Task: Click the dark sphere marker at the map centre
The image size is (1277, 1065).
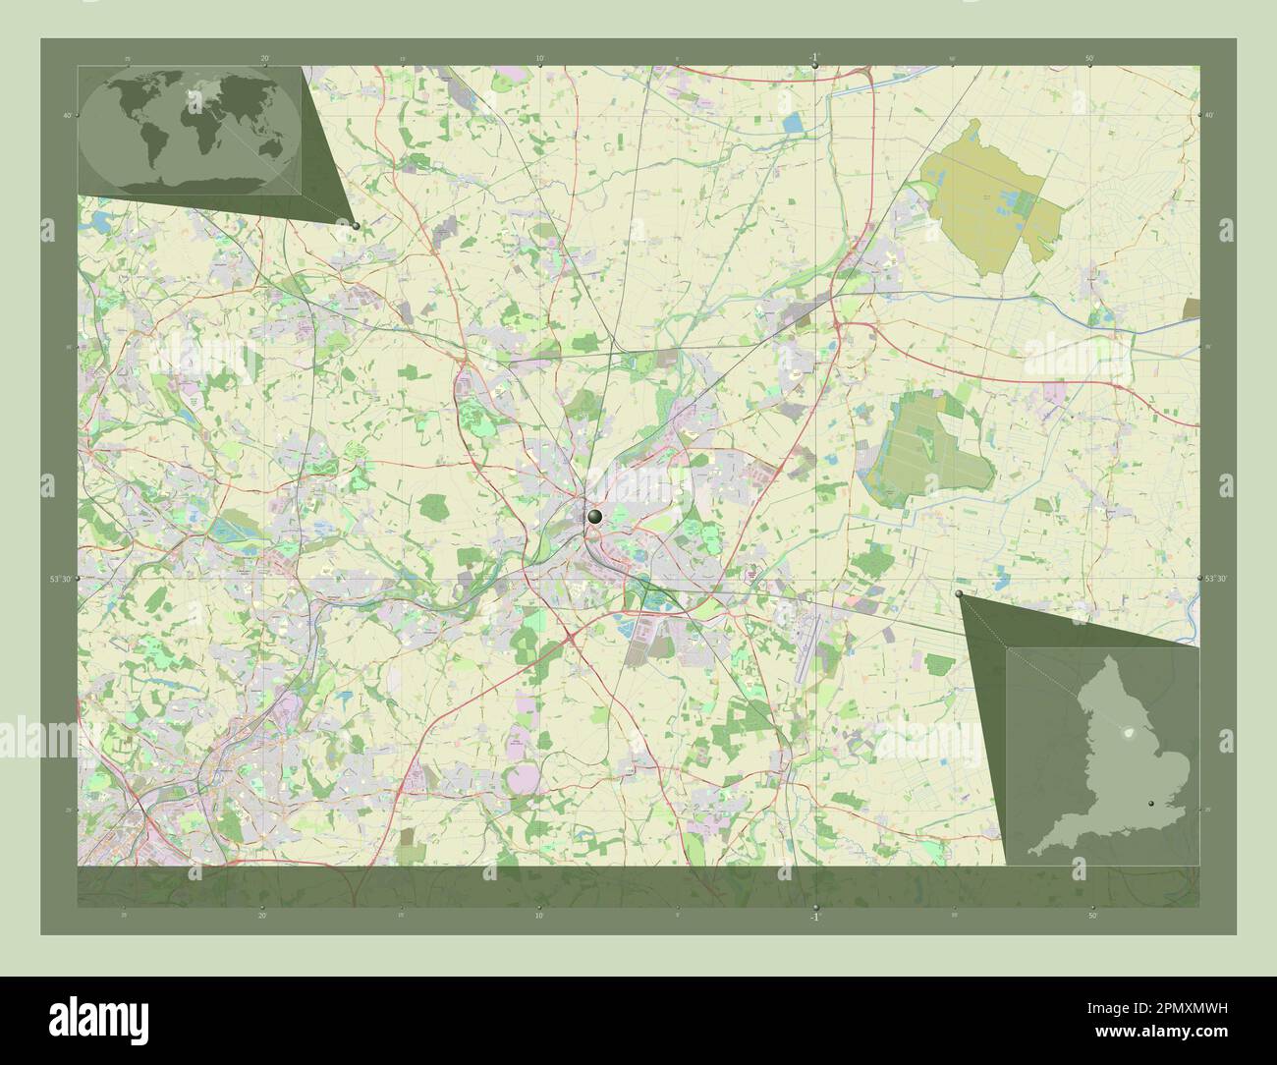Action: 594,516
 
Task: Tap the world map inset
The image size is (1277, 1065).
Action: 190,130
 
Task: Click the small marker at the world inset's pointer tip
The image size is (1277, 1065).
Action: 356,225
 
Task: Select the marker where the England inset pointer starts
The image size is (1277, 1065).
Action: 960,594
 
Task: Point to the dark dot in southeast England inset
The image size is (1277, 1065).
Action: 1165,804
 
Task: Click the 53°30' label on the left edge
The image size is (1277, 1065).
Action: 61,580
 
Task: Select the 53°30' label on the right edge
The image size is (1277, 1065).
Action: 1215,580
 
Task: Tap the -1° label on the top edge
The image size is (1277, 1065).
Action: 814,57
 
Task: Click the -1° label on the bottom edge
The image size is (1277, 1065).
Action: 814,917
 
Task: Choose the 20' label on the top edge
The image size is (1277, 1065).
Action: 264,58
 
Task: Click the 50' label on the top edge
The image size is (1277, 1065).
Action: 1090,58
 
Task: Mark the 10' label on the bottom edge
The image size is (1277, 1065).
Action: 538,916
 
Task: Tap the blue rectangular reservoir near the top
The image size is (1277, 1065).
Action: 793,123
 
